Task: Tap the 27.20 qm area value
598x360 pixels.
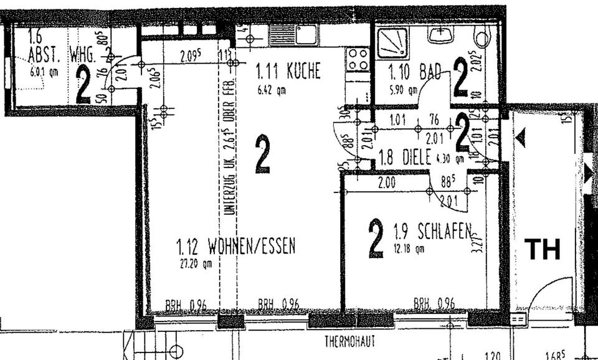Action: click(x=191, y=263)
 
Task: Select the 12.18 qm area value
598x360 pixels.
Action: click(x=409, y=249)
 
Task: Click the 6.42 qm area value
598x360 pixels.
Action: click(x=272, y=90)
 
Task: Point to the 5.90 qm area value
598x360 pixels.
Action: click(x=403, y=90)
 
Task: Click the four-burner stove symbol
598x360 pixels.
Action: click(x=358, y=60)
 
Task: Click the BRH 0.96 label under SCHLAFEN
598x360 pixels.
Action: click(x=434, y=304)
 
